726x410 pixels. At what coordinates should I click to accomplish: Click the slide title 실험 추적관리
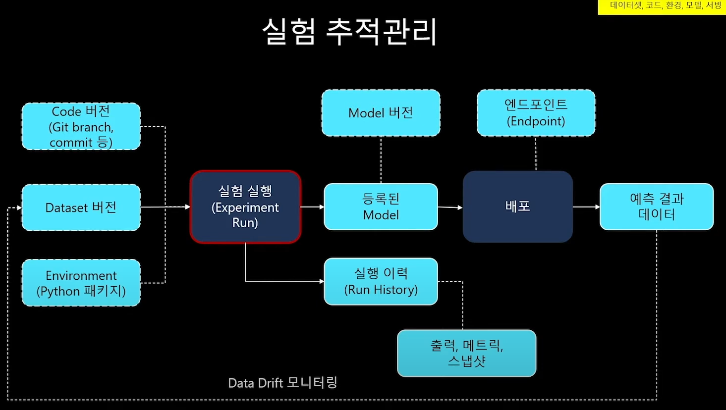click(349, 32)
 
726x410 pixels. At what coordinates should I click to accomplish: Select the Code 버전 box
click(81, 126)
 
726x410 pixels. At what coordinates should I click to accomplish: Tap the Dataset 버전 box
click(81, 207)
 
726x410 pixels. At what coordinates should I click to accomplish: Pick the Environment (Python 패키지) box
click(81, 283)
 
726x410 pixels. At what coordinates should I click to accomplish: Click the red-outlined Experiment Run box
click(245, 207)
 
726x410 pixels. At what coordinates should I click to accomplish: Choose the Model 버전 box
click(381, 113)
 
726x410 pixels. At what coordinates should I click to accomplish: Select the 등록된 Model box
click(381, 207)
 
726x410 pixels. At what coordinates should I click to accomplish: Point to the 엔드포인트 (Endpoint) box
click(536, 113)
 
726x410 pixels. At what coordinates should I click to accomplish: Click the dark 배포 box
click(517, 206)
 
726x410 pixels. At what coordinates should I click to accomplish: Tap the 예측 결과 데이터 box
click(657, 207)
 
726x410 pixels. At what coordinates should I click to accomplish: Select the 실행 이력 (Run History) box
click(381, 281)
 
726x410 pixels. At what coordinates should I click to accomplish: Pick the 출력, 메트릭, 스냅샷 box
click(466, 353)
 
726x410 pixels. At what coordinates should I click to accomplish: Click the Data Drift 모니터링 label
click(282, 383)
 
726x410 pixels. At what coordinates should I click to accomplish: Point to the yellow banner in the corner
click(662, 6)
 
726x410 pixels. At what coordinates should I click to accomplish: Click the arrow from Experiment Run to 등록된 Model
click(312, 207)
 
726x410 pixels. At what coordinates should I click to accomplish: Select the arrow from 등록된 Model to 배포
click(450, 207)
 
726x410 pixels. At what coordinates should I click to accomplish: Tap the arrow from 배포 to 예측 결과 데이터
click(586, 207)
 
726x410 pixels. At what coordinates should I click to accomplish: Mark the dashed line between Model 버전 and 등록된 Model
click(381, 159)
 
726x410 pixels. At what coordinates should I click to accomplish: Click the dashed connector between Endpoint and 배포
click(536, 154)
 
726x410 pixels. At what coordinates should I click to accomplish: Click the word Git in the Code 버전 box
click(60, 127)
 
